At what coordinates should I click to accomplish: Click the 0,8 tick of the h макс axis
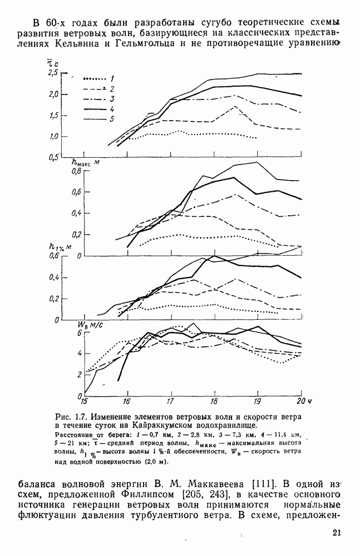(76, 171)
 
